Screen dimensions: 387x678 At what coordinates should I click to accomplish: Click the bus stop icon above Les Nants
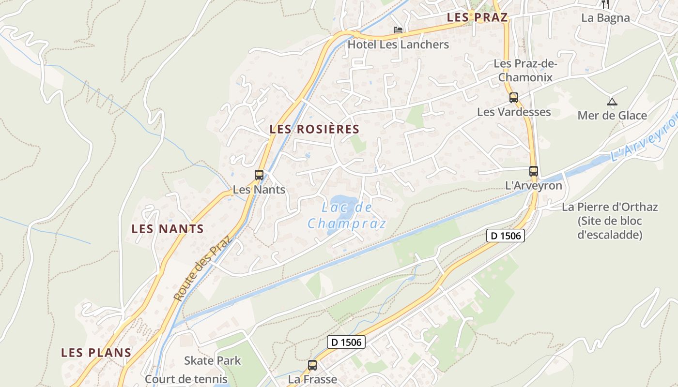click(259, 175)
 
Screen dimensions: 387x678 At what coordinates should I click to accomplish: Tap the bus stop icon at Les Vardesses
click(514, 98)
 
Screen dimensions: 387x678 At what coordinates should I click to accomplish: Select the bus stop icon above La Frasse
click(312, 365)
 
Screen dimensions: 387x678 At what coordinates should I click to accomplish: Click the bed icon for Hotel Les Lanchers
click(398, 30)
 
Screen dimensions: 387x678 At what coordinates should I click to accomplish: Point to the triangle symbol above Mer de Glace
click(612, 102)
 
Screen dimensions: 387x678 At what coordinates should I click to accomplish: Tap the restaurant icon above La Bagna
click(605, 4)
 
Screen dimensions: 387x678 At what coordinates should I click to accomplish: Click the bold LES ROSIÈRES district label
click(315, 129)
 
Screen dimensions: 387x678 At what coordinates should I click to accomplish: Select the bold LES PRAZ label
click(477, 17)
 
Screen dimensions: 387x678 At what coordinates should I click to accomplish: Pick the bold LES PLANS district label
click(96, 353)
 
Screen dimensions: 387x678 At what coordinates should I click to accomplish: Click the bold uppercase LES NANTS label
click(168, 229)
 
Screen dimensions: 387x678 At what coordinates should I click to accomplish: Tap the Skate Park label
click(212, 360)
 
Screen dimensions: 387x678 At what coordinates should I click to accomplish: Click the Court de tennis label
click(186, 379)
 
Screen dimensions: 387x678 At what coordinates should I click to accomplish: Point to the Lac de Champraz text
click(347, 215)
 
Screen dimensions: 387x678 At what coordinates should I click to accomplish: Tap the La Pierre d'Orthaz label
click(610, 207)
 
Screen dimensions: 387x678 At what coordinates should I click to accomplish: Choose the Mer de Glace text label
click(612, 115)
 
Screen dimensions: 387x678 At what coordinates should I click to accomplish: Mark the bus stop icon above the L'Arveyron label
click(534, 171)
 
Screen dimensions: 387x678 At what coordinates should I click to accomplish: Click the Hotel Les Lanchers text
click(399, 45)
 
